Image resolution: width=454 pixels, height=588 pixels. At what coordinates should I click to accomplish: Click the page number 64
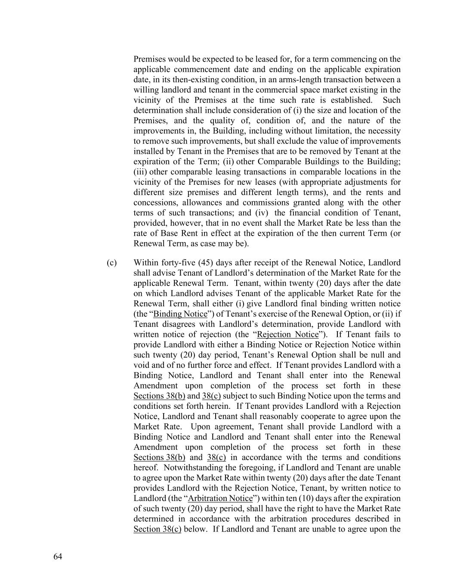(58, 557)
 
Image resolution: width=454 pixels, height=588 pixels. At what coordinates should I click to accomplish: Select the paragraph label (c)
(111, 263)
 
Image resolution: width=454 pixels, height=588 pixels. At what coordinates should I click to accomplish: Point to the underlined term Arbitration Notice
(220, 498)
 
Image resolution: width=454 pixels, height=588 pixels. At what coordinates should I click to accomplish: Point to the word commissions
(266, 202)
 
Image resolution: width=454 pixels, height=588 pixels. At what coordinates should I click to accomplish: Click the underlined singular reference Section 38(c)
(157, 529)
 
